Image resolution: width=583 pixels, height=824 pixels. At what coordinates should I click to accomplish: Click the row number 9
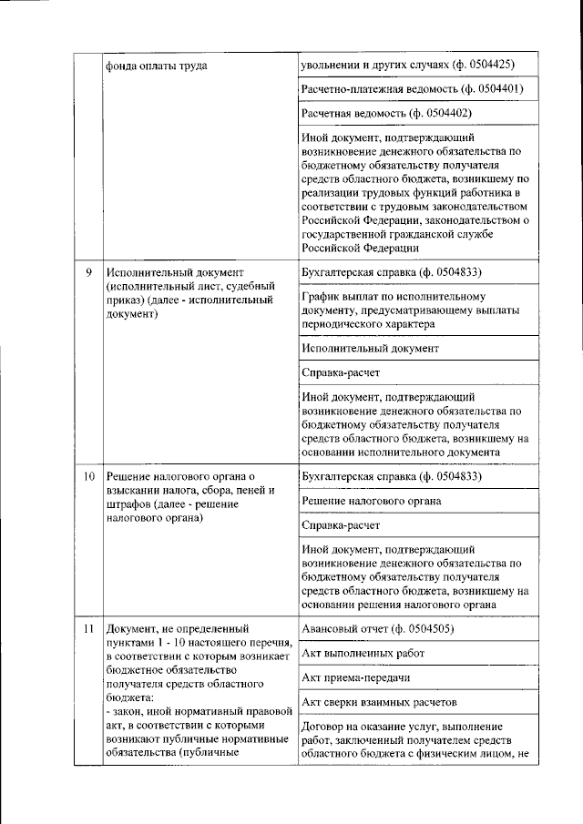(88, 272)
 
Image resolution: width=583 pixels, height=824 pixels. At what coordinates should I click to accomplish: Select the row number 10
(89, 476)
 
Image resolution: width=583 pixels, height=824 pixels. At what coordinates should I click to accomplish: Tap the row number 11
(88, 629)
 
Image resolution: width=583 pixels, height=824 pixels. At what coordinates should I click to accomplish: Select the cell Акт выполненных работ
(363, 654)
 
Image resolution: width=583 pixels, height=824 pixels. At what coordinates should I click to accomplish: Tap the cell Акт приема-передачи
(356, 678)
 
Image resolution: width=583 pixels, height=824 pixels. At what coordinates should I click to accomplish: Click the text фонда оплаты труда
(156, 66)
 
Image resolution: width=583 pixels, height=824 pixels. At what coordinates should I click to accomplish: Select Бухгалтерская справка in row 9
(355, 272)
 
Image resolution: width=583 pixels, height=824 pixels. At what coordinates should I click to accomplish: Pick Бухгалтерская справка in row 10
(355, 476)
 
